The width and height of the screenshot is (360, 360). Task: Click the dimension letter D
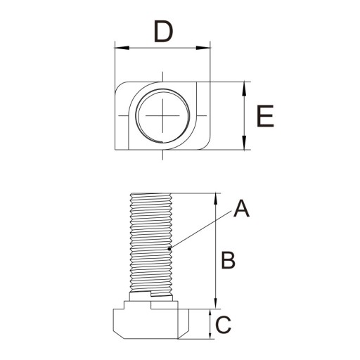click(x=163, y=32)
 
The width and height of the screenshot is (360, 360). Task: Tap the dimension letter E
click(x=265, y=116)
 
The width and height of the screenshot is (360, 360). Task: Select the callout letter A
click(x=241, y=208)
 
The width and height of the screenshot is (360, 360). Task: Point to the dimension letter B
click(x=228, y=260)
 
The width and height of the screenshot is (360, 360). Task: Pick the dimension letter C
click(x=223, y=325)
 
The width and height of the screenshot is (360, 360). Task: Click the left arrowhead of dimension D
click(x=122, y=48)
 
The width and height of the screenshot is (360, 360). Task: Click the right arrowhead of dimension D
click(x=203, y=48)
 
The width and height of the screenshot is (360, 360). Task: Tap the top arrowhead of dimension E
click(x=244, y=89)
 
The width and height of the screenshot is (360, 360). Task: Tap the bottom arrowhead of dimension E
click(x=244, y=143)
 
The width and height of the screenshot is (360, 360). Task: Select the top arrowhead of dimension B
click(x=216, y=200)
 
